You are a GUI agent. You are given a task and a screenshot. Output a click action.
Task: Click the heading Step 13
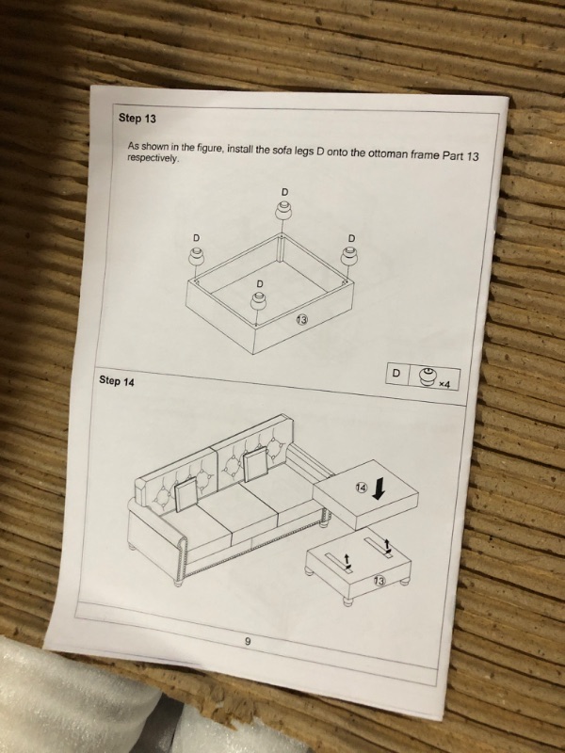tap(137, 119)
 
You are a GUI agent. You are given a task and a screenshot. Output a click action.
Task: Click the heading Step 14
tap(117, 381)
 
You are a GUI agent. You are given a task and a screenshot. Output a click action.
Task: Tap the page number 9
tap(248, 641)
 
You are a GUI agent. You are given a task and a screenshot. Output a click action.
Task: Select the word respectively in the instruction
tap(153, 158)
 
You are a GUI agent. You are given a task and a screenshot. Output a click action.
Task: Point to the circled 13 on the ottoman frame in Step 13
tap(301, 319)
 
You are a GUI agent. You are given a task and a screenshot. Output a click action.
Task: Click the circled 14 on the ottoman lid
tap(361, 488)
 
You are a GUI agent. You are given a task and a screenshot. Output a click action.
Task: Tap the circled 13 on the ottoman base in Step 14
tap(379, 581)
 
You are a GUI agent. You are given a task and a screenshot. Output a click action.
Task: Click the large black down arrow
tap(379, 489)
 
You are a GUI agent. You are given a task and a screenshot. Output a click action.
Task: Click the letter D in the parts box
tap(396, 373)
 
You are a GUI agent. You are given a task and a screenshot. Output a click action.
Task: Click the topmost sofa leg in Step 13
tap(283, 211)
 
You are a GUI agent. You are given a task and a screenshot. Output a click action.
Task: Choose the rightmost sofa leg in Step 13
tap(349, 255)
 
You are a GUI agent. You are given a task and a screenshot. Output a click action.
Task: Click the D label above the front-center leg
tap(260, 284)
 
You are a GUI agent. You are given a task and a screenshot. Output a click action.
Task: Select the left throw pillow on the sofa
tap(186, 496)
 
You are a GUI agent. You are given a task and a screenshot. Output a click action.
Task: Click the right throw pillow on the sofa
tap(255, 464)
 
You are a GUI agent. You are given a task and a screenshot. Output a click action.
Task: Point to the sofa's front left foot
tap(179, 581)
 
